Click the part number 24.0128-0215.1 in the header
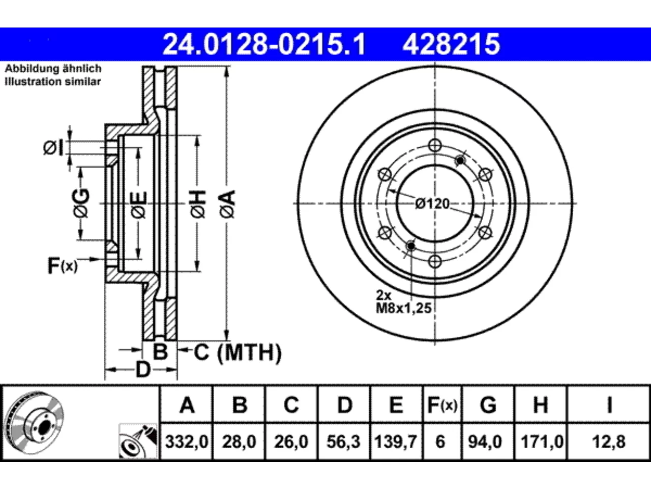coord(264,44)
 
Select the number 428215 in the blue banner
coord(451,44)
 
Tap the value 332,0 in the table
coord(187,442)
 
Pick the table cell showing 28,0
coord(239,442)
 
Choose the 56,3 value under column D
coord(343,442)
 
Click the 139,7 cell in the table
coord(396,442)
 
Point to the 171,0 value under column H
coord(542,442)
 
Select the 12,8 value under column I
coord(609,442)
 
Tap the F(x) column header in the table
coord(442,405)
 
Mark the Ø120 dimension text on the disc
coord(432,204)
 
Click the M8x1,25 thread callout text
coord(404,309)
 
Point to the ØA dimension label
coord(228,204)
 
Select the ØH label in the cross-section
coord(198,204)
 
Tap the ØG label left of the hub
coord(81,203)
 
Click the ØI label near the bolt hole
coord(53,148)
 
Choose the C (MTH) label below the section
coord(238,352)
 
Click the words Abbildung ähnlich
coord(53,69)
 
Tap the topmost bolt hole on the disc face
coord(435,146)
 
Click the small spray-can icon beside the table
coord(138,441)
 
